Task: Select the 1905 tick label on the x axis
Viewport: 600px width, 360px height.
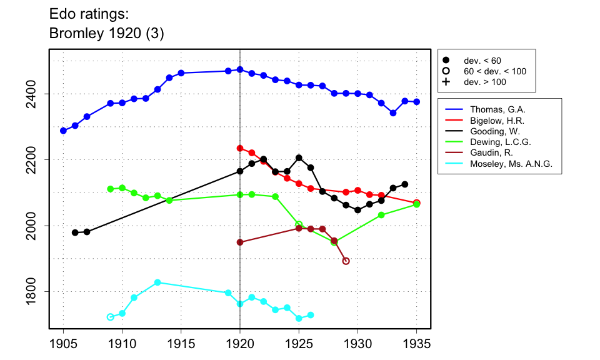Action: click(x=63, y=344)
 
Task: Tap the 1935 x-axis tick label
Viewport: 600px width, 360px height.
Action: click(x=417, y=344)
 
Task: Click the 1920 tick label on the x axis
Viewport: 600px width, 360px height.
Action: click(x=240, y=344)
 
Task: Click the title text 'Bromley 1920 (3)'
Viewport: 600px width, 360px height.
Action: click(x=106, y=34)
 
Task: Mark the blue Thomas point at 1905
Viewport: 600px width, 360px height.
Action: click(x=63, y=131)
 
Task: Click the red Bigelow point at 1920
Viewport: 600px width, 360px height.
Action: click(x=240, y=148)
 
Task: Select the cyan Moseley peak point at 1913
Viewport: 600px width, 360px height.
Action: click(x=157, y=282)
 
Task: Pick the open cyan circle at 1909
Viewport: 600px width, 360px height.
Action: click(x=111, y=317)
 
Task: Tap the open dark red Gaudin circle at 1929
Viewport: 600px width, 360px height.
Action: click(x=346, y=261)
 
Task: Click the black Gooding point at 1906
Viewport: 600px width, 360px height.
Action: click(x=75, y=232)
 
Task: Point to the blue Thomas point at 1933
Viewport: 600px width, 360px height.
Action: click(x=393, y=113)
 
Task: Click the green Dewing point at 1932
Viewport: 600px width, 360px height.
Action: click(x=381, y=215)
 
